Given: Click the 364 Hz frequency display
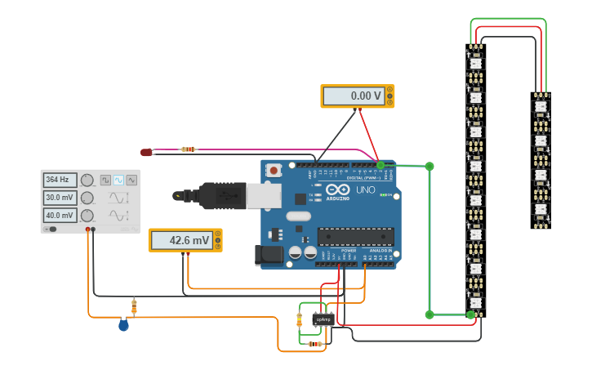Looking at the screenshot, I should tap(60, 180).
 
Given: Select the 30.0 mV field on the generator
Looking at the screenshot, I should tap(60, 198).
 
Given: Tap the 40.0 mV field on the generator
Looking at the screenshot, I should tap(60, 216).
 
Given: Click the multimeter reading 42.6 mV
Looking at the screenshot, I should tap(185, 241).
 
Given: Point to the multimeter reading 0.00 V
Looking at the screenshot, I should tap(357, 96).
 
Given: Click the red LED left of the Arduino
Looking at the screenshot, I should tap(146, 152).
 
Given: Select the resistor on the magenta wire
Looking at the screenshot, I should tap(189, 149).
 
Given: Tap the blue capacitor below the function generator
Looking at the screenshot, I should tap(123, 325).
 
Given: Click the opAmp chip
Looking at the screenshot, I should tap(323, 319).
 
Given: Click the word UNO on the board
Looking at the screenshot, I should tap(365, 189).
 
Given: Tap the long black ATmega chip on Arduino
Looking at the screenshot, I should tap(355, 237).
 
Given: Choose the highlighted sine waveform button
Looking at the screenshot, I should tap(118, 180).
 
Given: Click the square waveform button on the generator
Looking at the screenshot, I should tap(105, 180).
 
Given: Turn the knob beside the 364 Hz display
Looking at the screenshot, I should tap(87, 180).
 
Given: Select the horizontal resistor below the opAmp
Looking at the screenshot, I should tap(315, 344).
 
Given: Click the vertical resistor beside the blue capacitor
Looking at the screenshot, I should tap(134, 307).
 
